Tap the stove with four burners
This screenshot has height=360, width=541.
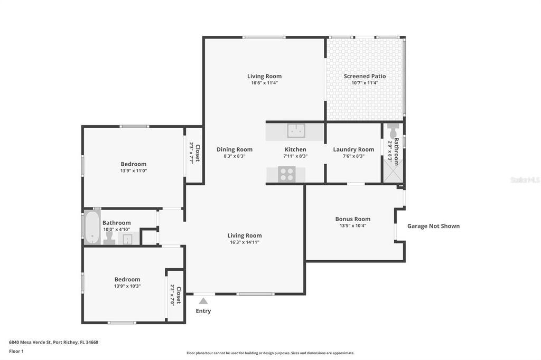pyautogui.click(x=287, y=174)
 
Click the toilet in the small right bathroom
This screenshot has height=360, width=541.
pyautogui.click(x=393, y=131)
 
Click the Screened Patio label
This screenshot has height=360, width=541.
pyautogui.click(x=365, y=76)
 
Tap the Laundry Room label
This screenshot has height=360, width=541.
pyautogui.click(x=353, y=149)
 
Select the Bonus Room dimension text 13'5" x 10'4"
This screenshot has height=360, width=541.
pyautogui.click(x=352, y=225)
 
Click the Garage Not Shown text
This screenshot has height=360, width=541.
pyautogui.click(x=433, y=226)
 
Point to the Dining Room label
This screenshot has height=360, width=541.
pyautogui.click(x=235, y=149)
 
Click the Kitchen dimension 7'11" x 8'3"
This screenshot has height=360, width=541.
pyautogui.click(x=295, y=156)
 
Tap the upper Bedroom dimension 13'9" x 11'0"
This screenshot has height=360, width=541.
pyautogui.click(x=133, y=171)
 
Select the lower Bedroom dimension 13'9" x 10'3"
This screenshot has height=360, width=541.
pyautogui.click(x=127, y=286)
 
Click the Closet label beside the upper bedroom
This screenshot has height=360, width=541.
pyautogui.click(x=198, y=153)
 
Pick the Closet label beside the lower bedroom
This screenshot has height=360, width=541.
pyautogui.click(x=178, y=296)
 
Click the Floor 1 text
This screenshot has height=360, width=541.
pyautogui.click(x=16, y=350)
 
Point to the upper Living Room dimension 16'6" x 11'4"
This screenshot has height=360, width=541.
pyautogui.click(x=265, y=83)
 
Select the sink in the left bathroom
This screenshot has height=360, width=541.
pyautogui.click(x=127, y=240)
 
